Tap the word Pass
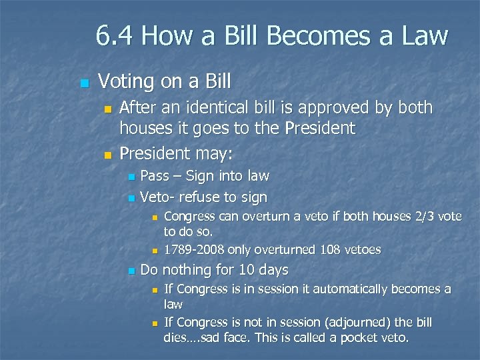(x=155, y=176)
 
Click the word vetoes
(x=361, y=250)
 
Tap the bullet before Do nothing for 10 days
(x=131, y=271)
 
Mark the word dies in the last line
(x=177, y=337)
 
